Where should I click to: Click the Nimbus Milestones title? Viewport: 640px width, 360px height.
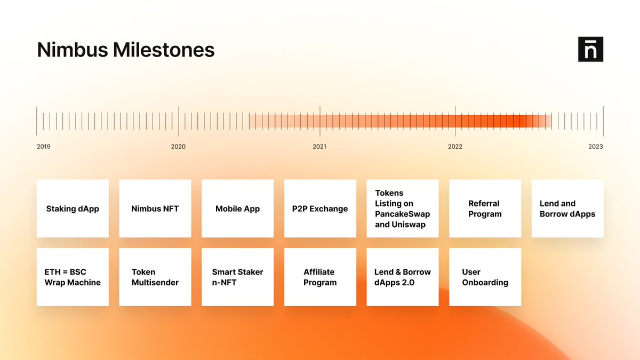[x=126, y=50]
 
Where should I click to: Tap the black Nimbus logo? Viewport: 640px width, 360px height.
[x=590, y=49]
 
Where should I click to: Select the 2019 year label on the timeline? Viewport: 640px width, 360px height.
[x=44, y=147]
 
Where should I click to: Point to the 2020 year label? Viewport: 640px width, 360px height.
[x=178, y=147]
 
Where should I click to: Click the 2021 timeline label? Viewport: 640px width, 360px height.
[x=319, y=147]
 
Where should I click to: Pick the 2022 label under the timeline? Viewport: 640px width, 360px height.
[x=455, y=147]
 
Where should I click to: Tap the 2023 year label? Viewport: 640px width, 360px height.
[x=595, y=147]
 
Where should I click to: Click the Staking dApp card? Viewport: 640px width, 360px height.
[x=73, y=209]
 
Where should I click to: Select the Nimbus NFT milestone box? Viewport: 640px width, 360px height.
[x=155, y=209]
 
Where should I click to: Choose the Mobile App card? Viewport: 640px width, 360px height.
[x=237, y=209]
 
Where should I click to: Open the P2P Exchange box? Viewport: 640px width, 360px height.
[x=320, y=209]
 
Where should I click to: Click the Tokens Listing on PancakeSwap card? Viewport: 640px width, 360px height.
[x=403, y=209]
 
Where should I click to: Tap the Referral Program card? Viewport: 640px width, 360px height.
[x=485, y=209]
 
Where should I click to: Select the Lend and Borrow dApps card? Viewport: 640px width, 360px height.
[x=567, y=209]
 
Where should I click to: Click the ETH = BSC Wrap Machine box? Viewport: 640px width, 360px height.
[x=73, y=277]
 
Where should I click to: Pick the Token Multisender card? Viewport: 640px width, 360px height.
[x=155, y=277]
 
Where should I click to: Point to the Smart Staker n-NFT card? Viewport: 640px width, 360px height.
[x=237, y=277]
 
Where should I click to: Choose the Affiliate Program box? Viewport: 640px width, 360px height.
[x=320, y=277]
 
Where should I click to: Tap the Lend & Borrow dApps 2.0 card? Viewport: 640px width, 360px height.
[x=403, y=277]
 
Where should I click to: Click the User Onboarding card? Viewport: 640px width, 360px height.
[x=485, y=277]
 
